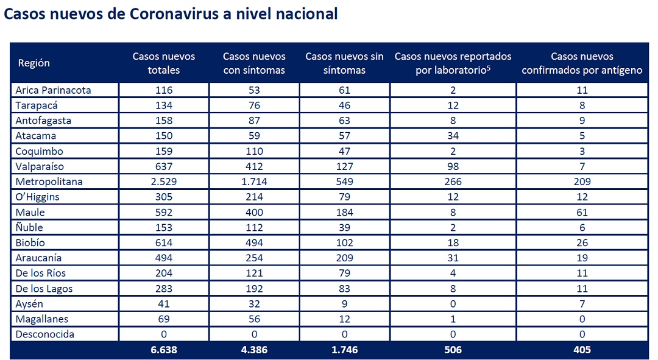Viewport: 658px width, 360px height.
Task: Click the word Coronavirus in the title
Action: tap(174, 14)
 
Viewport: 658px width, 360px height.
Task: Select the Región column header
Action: tap(34, 63)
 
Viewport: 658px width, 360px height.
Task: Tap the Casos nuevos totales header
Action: tap(164, 63)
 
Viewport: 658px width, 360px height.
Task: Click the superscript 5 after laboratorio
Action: tap(489, 67)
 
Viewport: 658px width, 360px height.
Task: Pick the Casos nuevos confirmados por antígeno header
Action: tap(582, 63)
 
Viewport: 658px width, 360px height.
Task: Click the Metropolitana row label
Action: tap(49, 182)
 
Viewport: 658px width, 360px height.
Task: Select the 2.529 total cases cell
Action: tap(164, 182)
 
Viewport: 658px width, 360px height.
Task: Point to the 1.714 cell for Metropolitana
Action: tap(254, 182)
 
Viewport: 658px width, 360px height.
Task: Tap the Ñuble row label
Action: tap(29, 227)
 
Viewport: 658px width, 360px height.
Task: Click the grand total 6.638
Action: tap(164, 350)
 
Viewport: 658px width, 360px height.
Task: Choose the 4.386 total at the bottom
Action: tap(254, 350)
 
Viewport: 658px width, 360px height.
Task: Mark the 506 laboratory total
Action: tap(453, 350)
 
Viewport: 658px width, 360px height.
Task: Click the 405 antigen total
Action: tap(582, 350)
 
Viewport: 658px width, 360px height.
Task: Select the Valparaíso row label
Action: tap(40, 166)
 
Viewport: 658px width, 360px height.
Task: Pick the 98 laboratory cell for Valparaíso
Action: tap(453, 166)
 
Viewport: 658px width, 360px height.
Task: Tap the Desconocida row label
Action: tap(45, 334)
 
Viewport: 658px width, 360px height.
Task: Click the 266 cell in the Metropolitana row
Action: tap(453, 182)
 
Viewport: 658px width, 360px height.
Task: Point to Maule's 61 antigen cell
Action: tap(582, 213)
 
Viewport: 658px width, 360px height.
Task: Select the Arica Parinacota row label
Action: tap(53, 90)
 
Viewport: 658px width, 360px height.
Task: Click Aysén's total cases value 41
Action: tap(164, 304)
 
